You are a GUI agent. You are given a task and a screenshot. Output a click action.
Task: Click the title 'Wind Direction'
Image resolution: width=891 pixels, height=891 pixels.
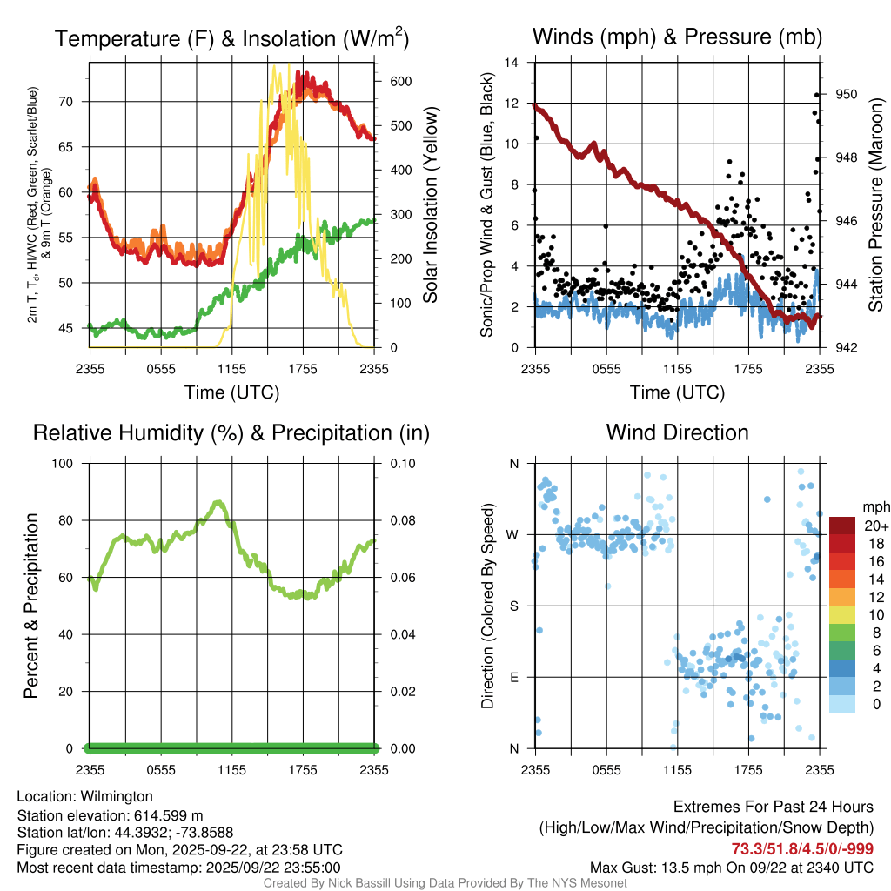pyautogui.click(x=677, y=432)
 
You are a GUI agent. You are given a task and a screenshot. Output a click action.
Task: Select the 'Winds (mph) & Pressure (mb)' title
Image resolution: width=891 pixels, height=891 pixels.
pyautogui.click(x=677, y=37)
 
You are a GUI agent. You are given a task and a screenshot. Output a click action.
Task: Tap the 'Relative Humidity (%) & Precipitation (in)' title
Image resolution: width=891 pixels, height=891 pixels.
pyautogui.click(x=231, y=432)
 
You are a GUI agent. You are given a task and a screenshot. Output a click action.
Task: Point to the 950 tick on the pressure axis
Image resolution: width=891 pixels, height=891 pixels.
pyautogui.click(x=847, y=95)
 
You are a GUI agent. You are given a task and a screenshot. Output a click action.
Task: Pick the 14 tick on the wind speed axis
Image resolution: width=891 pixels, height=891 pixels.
pyautogui.click(x=512, y=63)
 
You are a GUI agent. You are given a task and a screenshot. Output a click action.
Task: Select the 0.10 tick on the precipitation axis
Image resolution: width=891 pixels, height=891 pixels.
pyautogui.click(x=402, y=464)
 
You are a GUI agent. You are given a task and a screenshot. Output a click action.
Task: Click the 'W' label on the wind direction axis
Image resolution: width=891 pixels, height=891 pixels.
pyautogui.click(x=513, y=535)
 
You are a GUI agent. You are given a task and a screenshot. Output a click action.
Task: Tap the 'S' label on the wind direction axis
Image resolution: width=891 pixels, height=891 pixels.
pyautogui.click(x=514, y=606)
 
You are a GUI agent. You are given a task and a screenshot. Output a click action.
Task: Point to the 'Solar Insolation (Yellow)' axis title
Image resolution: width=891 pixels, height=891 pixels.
pyautogui.click(x=431, y=205)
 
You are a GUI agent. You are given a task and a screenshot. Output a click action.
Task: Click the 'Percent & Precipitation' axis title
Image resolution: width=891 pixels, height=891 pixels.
pyautogui.click(x=31, y=606)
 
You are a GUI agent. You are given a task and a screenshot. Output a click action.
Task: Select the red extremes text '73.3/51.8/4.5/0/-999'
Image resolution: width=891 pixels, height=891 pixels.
pyautogui.click(x=802, y=849)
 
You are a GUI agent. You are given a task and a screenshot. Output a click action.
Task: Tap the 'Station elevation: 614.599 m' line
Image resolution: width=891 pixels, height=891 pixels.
pyautogui.click(x=110, y=815)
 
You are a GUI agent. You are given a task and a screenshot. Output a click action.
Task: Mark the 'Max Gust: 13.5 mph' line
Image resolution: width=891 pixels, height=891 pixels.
pyautogui.click(x=731, y=867)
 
